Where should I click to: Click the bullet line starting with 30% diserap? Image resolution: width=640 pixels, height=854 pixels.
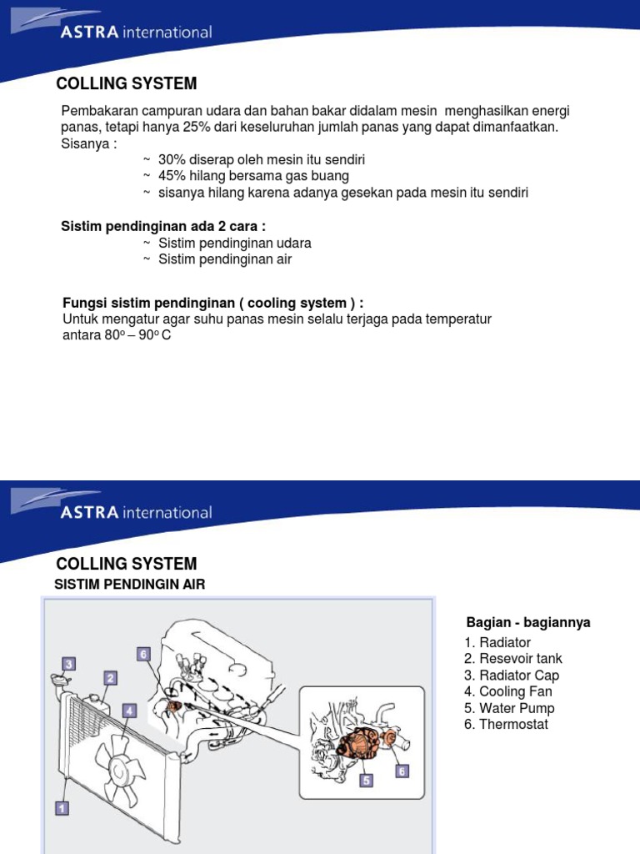262,159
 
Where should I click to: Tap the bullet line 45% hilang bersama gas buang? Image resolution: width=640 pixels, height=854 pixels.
253,176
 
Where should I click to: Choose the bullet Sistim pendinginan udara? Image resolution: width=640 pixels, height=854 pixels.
234,243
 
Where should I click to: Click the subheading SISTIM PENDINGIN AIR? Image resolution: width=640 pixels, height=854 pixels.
129,585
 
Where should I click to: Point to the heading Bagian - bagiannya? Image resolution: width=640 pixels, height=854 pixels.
528,623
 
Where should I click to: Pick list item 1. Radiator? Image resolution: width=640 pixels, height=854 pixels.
498,642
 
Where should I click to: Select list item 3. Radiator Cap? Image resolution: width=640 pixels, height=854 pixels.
512,675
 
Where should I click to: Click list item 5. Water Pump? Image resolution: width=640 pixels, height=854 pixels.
510,708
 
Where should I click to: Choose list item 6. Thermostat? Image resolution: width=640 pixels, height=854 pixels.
507,724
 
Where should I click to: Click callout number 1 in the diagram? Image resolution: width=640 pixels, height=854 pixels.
62,807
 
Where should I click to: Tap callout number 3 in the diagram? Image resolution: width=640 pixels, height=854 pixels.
69,664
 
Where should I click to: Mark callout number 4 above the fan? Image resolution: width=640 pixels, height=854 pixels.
129,711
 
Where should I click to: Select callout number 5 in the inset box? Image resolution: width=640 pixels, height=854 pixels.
366,781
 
